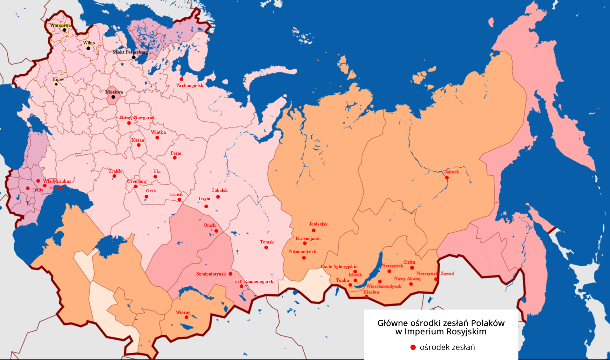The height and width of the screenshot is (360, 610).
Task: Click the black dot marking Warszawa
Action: coord(64,30)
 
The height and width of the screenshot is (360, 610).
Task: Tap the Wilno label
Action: coord(89,43)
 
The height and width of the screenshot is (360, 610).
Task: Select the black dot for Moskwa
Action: coord(113,97)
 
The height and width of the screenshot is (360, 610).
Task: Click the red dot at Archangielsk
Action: coord(181,79)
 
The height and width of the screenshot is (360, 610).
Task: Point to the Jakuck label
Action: coord(452,172)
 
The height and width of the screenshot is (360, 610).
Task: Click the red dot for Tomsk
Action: coord(266,248)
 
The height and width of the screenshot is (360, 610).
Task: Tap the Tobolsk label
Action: coord(220,190)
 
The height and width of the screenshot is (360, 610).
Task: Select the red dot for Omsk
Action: coord(216,231)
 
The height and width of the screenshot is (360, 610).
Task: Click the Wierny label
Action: coord(183,312)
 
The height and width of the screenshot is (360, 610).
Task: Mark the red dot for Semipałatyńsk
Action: coord(230,274)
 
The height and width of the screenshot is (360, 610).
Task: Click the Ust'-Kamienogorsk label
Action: coord(254,282)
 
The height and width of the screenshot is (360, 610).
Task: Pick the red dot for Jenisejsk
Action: coord(314,230)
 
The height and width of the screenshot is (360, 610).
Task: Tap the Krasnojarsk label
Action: coord(308,238)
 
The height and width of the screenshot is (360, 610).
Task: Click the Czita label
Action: coord(409,262)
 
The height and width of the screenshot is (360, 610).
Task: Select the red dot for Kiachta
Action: coord(366,297)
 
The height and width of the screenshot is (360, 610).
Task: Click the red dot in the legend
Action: coord(413,347)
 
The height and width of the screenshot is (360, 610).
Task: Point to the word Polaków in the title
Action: coord(488,323)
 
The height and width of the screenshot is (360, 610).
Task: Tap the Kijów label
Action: coord(58,79)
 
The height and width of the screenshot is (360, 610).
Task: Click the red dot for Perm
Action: coord(175,158)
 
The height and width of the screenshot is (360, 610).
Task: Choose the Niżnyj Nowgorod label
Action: coord(137,117)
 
